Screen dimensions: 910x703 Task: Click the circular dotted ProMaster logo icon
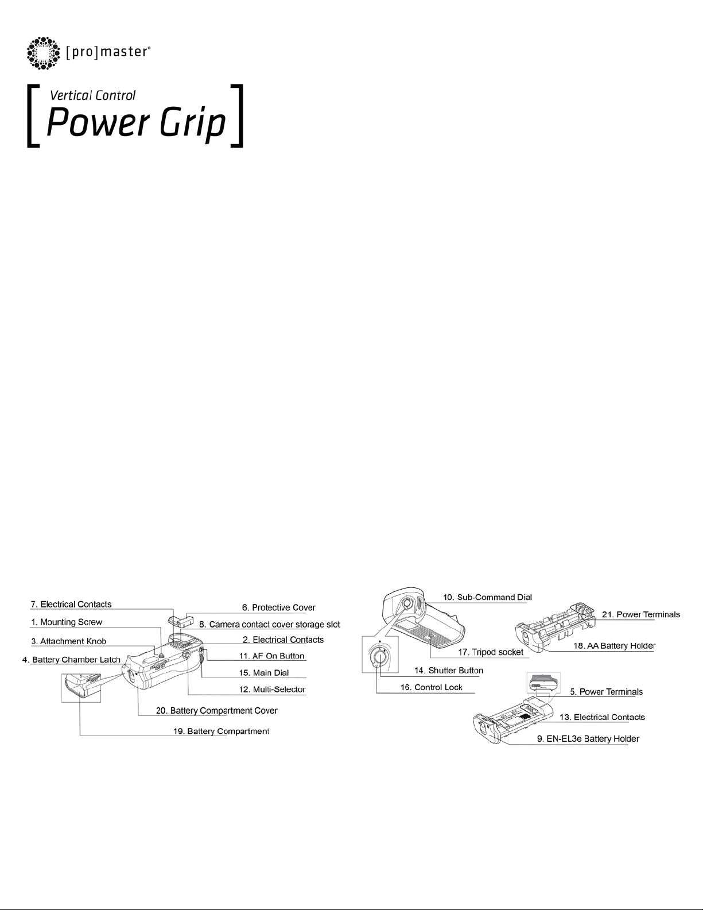click(44, 53)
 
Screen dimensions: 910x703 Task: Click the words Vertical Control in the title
click(93, 96)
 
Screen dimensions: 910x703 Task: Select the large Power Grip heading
click(135, 123)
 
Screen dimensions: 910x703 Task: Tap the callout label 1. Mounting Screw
click(66, 622)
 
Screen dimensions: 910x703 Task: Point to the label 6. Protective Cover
click(278, 607)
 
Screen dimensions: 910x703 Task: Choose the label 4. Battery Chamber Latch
click(71, 660)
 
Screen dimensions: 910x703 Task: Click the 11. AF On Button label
click(272, 656)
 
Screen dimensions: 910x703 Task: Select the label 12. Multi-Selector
click(272, 689)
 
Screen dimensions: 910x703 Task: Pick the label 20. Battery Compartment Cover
click(216, 711)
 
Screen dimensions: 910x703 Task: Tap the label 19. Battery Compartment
click(220, 731)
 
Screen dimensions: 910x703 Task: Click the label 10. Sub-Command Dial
click(487, 597)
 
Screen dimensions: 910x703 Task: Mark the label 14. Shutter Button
click(449, 670)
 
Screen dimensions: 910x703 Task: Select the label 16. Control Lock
click(431, 687)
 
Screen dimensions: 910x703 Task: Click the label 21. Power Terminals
click(640, 614)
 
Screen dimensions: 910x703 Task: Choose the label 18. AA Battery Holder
click(614, 646)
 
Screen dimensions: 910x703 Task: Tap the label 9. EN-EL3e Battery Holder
click(588, 739)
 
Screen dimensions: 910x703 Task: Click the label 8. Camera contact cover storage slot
click(269, 624)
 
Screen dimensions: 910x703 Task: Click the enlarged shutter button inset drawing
click(379, 654)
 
